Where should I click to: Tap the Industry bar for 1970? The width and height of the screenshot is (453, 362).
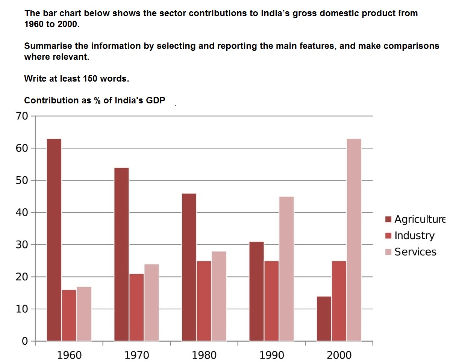pyautogui.click(x=136, y=307)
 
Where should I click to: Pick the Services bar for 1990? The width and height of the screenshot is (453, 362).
pyautogui.click(x=286, y=269)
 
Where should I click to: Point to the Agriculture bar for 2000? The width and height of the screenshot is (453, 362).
pyautogui.click(x=324, y=318)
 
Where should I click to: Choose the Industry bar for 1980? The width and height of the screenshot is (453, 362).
pyautogui.click(x=204, y=301)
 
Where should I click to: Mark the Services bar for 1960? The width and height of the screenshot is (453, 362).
pyautogui.click(x=84, y=314)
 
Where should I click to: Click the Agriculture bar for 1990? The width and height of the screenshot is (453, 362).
pyautogui.click(x=256, y=291)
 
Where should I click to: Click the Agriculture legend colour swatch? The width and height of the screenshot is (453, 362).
pyautogui.click(x=388, y=219)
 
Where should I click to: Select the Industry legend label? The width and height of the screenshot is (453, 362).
pyautogui.click(x=414, y=236)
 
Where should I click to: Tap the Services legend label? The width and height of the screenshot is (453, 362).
pyautogui.click(x=415, y=252)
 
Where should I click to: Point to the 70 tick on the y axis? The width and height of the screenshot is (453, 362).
pyautogui.click(x=22, y=116)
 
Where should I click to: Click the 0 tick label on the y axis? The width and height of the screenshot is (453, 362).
pyautogui.click(x=25, y=341)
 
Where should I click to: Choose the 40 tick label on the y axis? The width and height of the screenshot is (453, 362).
pyautogui.click(x=22, y=212)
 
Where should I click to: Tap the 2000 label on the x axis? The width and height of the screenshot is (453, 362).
pyautogui.click(x=339, y=355)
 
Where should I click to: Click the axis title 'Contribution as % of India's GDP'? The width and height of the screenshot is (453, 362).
pyautogui.click(x=94, y=100)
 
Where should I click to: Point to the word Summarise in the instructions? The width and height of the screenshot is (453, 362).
pyautogui.click(x=46, y=46)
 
